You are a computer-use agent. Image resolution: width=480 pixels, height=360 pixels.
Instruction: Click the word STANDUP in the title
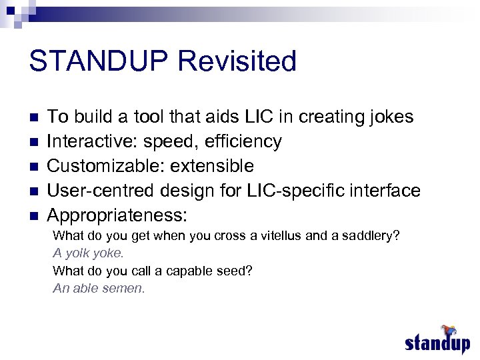(x=98, y=61)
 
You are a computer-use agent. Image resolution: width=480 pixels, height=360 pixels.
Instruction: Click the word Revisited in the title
(x=237, y=61)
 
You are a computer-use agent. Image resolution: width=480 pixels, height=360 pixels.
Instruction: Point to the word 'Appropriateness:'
(x=117, y=215)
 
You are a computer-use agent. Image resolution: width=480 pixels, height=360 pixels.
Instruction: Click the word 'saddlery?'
(x=371, y=236)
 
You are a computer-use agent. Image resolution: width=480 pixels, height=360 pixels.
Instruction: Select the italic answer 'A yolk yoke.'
(x=88, y=253)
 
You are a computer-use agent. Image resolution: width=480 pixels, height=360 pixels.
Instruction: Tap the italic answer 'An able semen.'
(x=99, y=288)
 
